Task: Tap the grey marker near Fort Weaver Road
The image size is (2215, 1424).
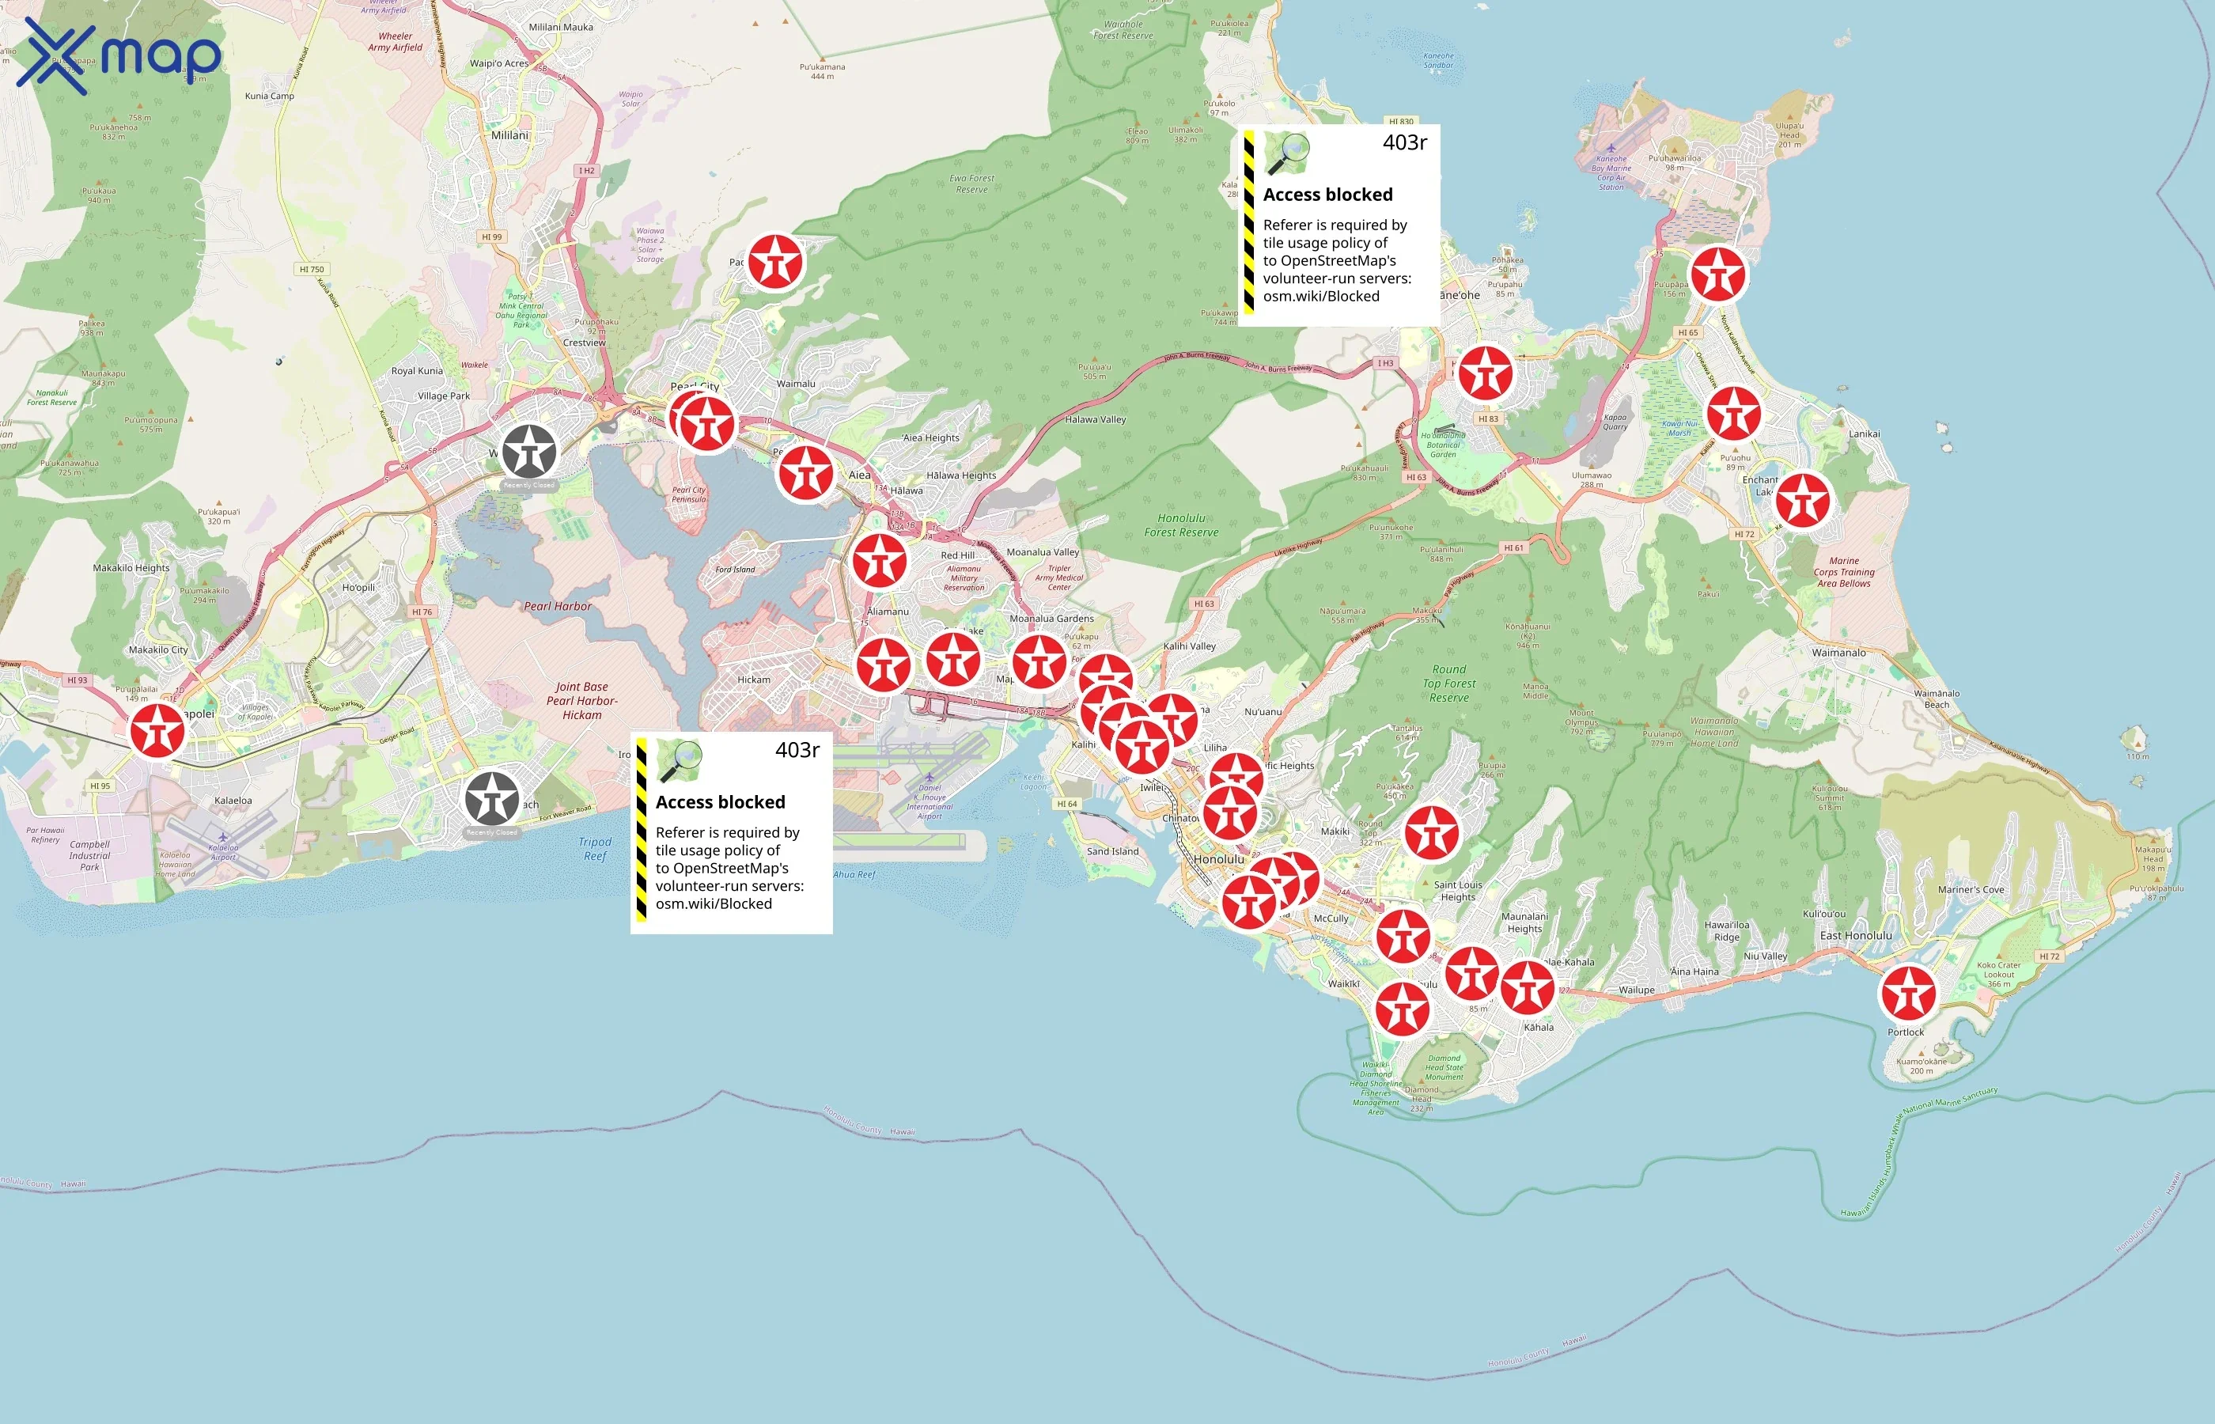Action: [492, 799]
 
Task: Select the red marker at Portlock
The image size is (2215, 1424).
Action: [1908, 993]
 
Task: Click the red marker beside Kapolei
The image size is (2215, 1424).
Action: [157, 730]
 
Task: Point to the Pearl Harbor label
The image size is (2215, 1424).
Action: [558, 607]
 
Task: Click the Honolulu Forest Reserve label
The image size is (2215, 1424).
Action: [1181, 525]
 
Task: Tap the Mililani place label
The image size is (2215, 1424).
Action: [509, 135]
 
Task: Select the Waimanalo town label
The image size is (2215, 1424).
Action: [1838, 653]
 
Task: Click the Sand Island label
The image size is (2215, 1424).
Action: [1112, 851]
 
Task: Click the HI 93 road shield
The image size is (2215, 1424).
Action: [77, 680]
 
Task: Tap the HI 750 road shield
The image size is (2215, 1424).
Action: [312, 270]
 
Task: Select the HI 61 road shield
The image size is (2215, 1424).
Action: [1513, 548]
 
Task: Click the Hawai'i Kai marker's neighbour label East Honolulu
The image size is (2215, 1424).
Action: [1855, 936]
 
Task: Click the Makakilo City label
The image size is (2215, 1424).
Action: [158, 650]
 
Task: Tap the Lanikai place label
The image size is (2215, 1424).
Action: [1864, 434]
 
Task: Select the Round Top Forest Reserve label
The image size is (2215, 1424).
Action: [1448, 684]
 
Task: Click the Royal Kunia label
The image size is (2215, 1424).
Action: [417, 371]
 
